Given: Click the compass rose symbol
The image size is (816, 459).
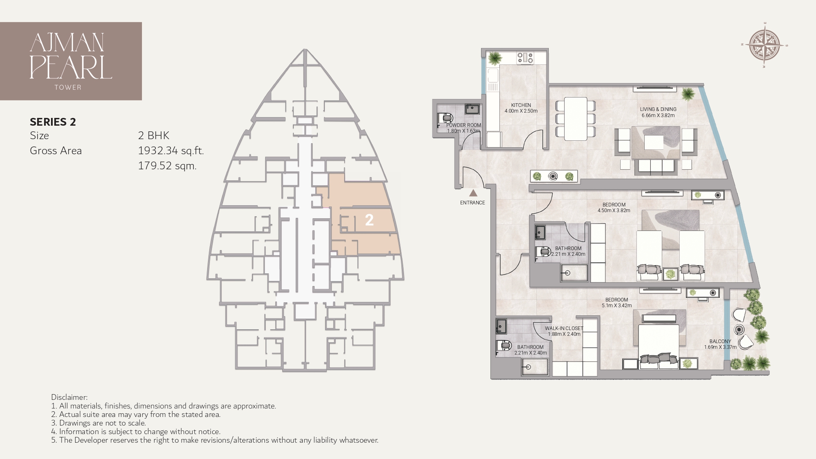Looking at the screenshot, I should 765,45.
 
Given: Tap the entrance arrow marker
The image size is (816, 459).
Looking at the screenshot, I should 473,193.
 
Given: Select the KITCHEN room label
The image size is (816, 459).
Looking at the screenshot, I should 521,105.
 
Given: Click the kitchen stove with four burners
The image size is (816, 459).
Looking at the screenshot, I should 525,58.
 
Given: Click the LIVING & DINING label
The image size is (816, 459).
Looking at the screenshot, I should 658,109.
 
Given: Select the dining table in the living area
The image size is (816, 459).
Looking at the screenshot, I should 575,118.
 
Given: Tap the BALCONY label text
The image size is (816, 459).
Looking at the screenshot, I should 720,341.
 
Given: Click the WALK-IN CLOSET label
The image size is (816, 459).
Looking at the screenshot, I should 564,328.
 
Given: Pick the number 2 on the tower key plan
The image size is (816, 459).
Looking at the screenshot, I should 369,220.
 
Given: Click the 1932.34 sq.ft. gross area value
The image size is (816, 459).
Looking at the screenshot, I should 171,151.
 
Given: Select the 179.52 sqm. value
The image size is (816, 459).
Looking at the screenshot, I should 167,166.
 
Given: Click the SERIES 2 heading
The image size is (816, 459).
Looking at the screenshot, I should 53,122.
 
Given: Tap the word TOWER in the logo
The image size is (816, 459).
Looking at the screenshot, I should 68,87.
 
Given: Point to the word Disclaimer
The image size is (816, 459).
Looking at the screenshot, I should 69,397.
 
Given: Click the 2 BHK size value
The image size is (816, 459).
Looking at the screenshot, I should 153,136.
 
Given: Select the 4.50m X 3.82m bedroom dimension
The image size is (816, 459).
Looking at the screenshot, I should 614,211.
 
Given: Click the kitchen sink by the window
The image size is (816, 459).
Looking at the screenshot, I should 492,76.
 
